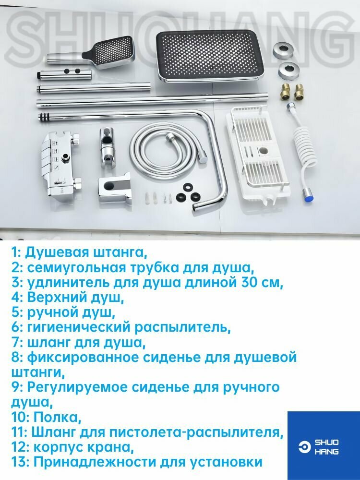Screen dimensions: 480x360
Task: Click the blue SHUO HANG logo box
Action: coord(323,445)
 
